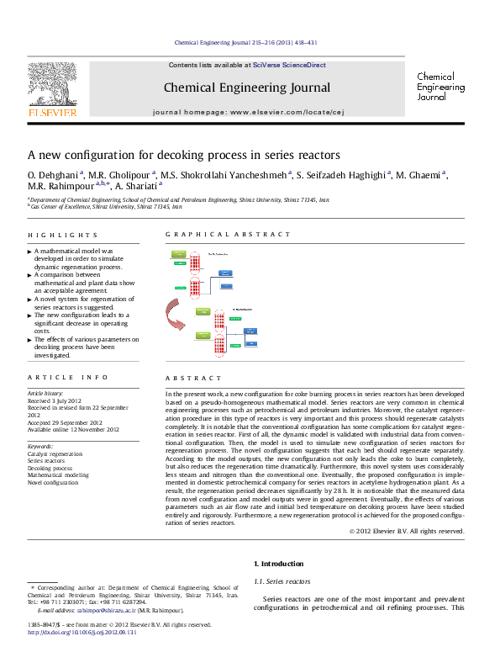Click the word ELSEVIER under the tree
[x=52, y=111]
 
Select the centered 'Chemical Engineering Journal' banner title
[x=246, y=87]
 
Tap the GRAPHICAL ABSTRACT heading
[x=229, y=235]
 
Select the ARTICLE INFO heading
[x=56, y=379]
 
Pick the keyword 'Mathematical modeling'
[x=58, y=475]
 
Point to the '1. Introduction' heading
[x=282, y=564]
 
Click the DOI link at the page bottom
[x=82, y=633]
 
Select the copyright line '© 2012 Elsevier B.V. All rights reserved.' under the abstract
[x=407, y=531]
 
